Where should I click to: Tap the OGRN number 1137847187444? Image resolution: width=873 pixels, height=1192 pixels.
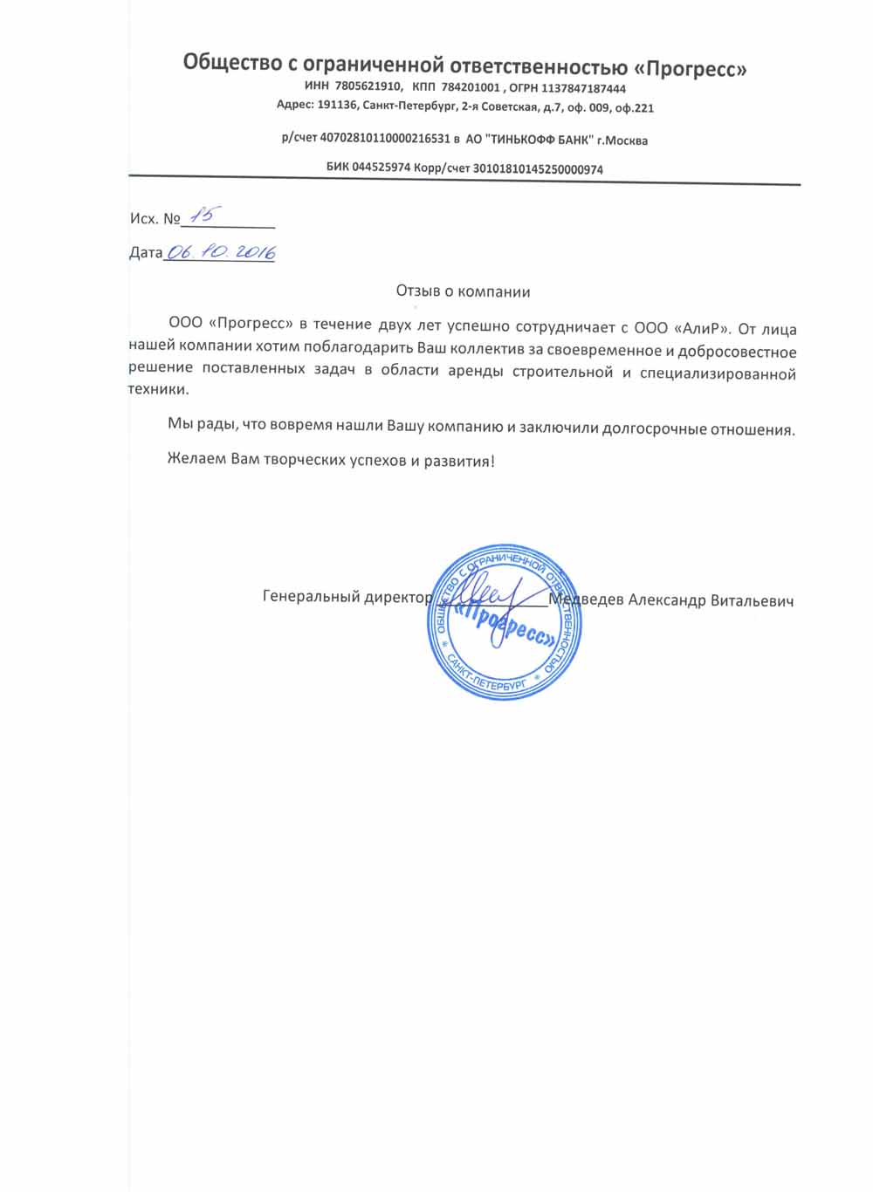tap(583, 89)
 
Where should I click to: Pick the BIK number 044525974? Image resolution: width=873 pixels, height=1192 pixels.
tap(381, 169)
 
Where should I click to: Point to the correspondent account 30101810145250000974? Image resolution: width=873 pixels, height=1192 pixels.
tap(537, 169)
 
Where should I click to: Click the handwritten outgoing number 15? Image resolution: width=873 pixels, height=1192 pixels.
tap(208, 215)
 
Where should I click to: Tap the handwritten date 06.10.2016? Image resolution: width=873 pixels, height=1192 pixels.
tap(221, 252)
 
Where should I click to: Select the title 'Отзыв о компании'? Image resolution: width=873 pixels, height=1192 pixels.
tap(463, 291)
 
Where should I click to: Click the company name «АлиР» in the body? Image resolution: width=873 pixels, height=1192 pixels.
tap(703, 329)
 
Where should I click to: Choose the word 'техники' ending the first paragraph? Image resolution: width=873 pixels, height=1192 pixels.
tap(158, 390)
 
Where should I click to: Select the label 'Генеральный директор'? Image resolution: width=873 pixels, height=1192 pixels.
tap(347, 598)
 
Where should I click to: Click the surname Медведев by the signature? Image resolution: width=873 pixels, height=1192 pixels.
tap(586, 600)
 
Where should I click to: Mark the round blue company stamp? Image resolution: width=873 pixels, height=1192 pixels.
tap(505, 621)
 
